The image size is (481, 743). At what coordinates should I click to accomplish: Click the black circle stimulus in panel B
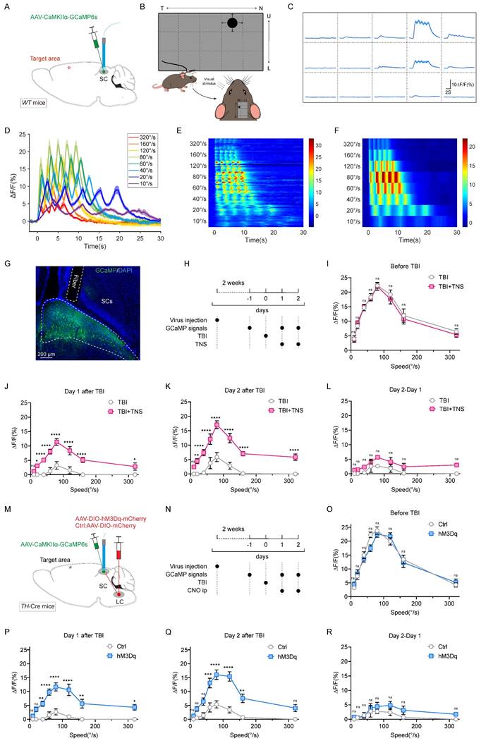(230, 24)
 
